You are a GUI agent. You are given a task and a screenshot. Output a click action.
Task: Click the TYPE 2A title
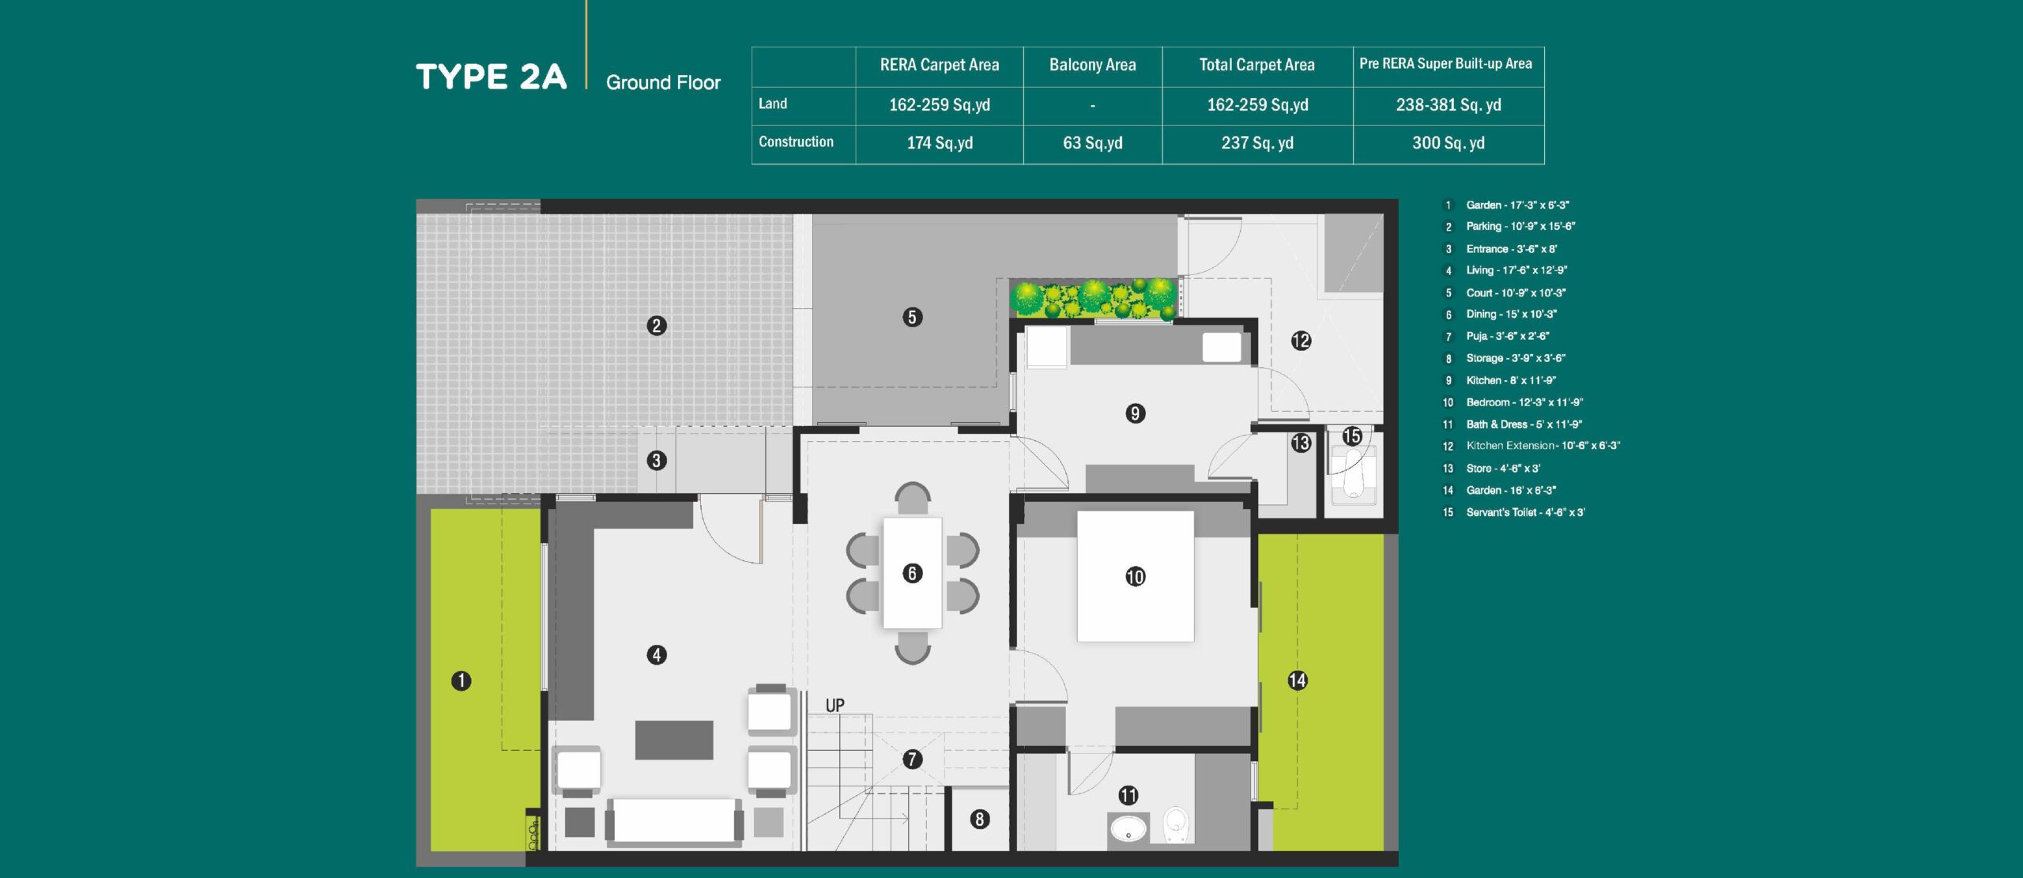tap(491, 77)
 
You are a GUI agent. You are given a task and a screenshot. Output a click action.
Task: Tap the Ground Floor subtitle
tap(663, 82)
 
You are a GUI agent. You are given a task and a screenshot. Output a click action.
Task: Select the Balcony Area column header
tap(1092, 65)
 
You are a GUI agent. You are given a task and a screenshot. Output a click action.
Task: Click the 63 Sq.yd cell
tap(1092, 143)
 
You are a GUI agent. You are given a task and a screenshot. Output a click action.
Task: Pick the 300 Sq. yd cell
tap(1448, 143)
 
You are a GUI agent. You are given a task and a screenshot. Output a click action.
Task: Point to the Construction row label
tap(796, 141)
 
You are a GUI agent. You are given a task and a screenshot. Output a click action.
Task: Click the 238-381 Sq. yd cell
tap(1448, 105)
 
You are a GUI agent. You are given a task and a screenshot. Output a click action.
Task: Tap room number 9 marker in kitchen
tap(1135, 413)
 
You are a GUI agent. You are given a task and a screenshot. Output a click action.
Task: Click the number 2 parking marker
tap(656, 326)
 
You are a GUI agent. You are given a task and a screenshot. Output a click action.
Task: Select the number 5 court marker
tap(912, 318)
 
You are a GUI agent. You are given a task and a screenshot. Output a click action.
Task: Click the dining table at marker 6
tap(912, 573)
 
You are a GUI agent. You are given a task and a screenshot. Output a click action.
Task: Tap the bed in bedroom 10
tap(1135, 576)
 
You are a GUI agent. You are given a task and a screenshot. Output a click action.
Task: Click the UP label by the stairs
tap(834, 705)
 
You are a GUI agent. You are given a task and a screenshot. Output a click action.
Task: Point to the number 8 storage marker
tap(979, 820)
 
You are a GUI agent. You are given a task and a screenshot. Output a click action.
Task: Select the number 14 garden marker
tap(1297, 680)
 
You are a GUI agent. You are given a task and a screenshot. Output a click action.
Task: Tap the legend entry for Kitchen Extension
tap(1543, 446)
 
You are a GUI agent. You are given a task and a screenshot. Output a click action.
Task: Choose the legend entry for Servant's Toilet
tap(1525, 512)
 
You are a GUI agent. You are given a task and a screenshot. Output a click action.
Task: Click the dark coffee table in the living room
tap(674, 740)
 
